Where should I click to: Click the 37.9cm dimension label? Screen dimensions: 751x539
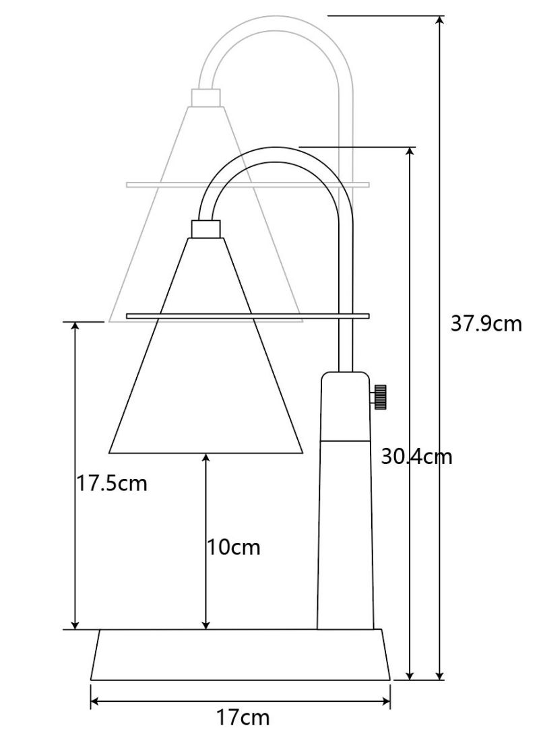[486, 324]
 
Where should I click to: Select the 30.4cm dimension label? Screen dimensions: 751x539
[416, 457]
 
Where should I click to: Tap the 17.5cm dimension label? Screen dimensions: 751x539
[110, 483]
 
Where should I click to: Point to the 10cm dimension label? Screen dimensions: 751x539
[233, 547]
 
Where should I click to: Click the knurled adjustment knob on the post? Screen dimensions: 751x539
[380, 396]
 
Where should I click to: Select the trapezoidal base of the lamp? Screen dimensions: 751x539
[241, 655]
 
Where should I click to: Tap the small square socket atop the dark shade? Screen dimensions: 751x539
[207, 228]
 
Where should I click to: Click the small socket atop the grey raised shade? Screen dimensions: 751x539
[207, 98]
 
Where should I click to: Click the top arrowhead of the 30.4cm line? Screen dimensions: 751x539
[410, 152]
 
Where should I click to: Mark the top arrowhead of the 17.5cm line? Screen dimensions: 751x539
[75, 328]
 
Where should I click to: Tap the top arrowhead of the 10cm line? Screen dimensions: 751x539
[206, 459]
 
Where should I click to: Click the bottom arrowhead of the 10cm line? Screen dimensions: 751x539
[206, 624]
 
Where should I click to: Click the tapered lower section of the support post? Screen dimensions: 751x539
[346, 532]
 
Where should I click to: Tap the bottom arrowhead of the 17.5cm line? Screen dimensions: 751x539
[75, 624]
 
